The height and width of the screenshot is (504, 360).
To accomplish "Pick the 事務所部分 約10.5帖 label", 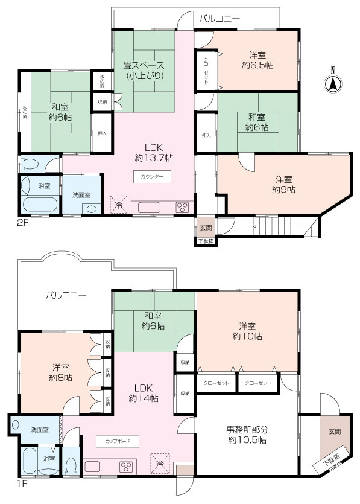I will pos(247,435).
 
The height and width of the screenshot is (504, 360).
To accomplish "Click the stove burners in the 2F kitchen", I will pos(182,208).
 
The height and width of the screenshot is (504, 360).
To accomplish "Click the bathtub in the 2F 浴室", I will pos(39,202).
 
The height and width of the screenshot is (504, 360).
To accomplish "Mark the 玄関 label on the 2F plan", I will pos(205,228).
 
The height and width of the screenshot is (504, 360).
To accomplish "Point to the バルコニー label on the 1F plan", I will pos(66,296).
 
